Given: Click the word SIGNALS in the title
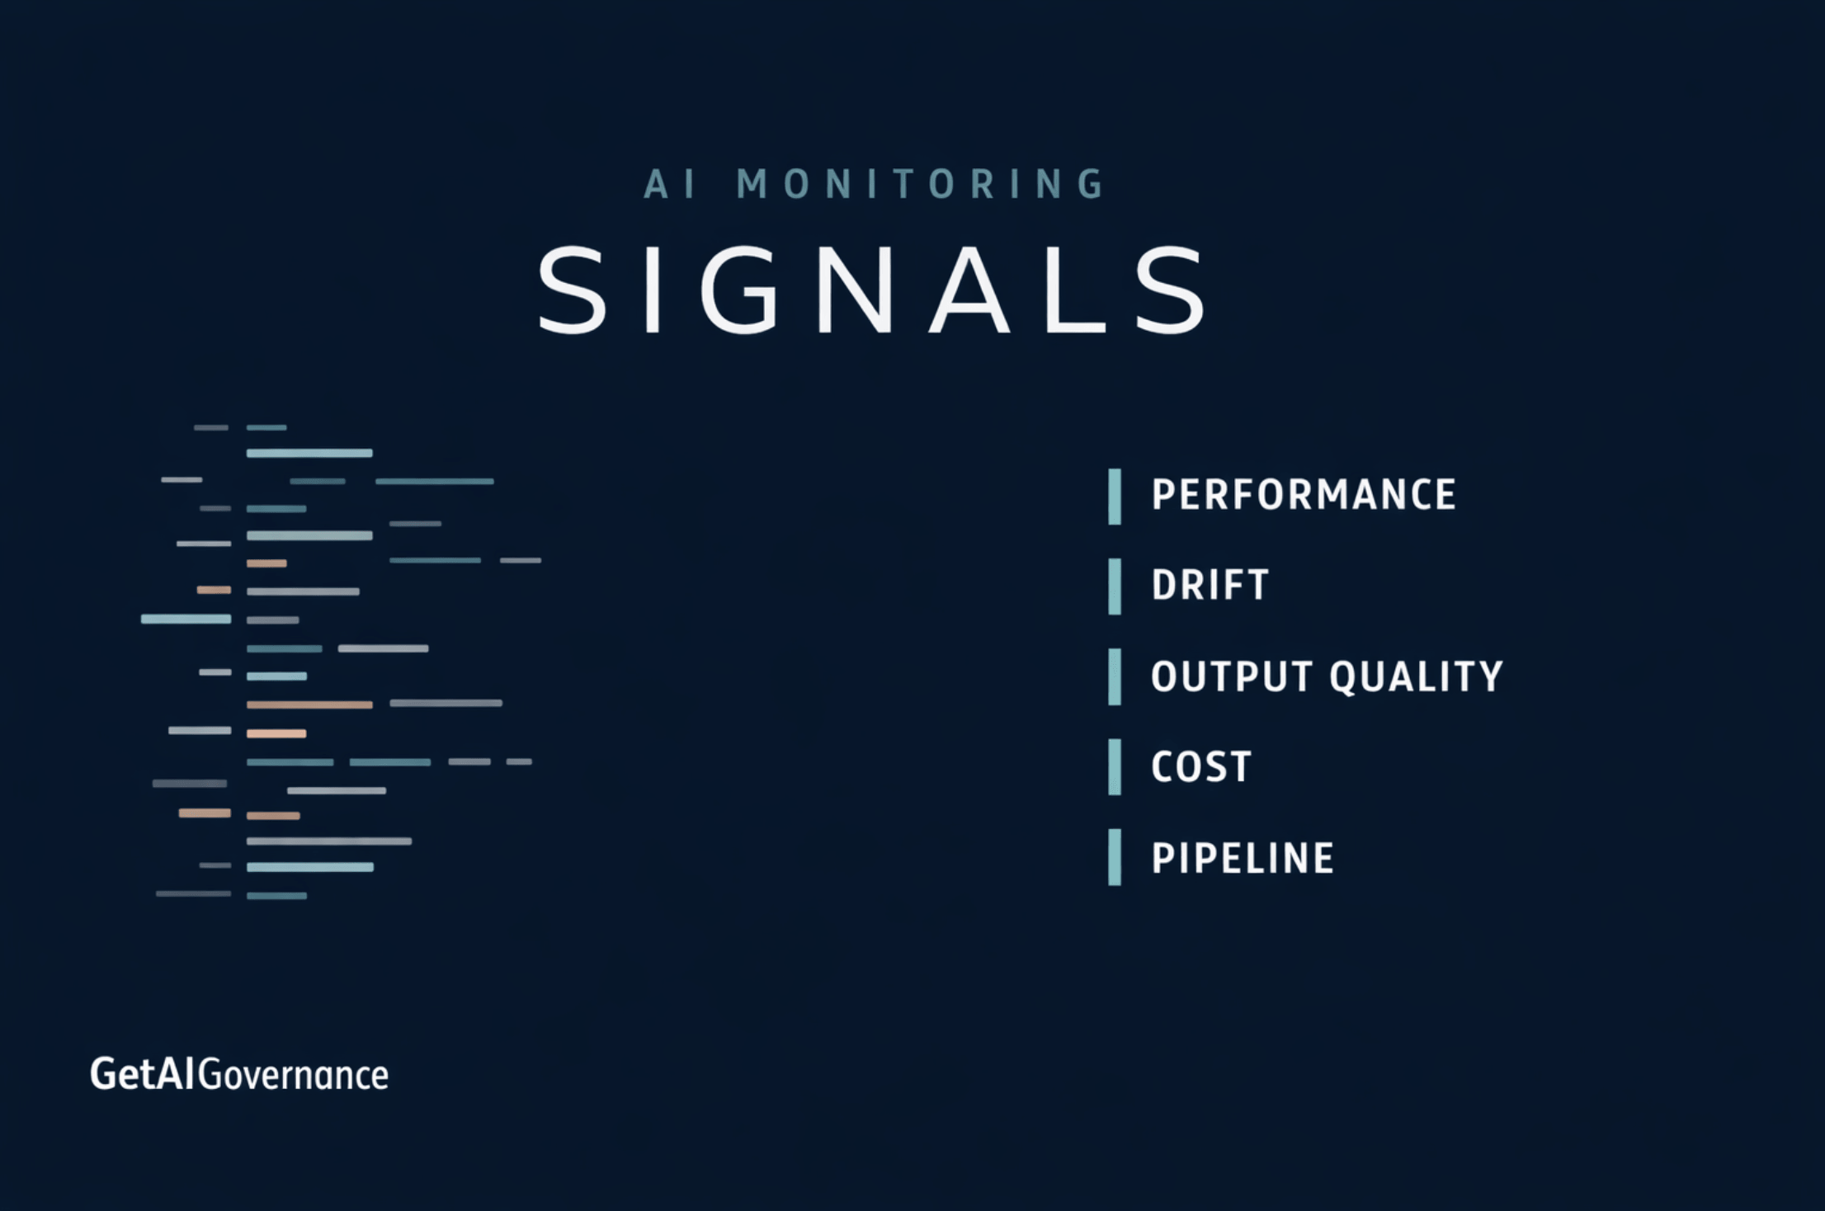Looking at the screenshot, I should pos(873,290).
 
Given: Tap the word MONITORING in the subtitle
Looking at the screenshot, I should pos(921,184).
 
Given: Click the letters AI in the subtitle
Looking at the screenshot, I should pos(669,184).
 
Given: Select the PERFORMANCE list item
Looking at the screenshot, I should pos(1304,495).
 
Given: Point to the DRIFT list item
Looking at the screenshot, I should pos(1210,586).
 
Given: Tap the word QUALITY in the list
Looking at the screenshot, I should pos(1416,676).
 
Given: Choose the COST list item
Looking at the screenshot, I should pos(1201,767).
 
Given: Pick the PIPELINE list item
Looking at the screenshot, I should pos(1243,858).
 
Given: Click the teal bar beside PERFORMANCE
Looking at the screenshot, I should pos(1115,496).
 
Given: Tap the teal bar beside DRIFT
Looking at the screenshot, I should pos(1115,587).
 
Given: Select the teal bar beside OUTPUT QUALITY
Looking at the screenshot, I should pos(1115,676).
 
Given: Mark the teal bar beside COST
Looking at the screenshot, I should pos(1115,767).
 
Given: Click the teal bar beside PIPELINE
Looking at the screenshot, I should pos(1115,857).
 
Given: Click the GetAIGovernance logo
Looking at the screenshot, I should pos(239,1075).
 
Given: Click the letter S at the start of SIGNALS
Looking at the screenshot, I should pos(572,290).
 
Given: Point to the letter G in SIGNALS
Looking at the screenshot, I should pos(739,290).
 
